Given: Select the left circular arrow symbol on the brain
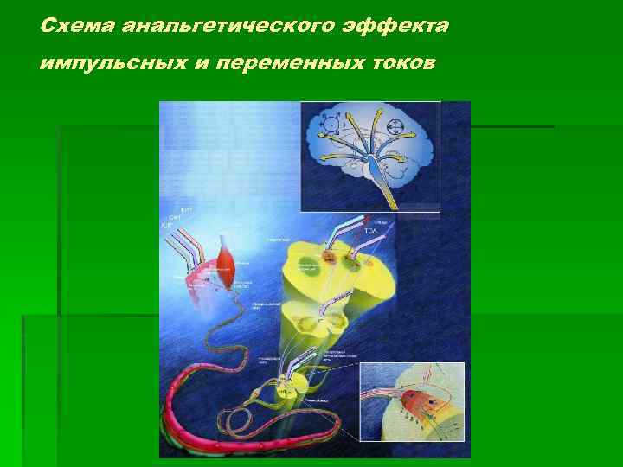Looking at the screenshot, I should click(x=330, y=125).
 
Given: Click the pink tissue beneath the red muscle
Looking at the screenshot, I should click(x=204, y=285).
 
